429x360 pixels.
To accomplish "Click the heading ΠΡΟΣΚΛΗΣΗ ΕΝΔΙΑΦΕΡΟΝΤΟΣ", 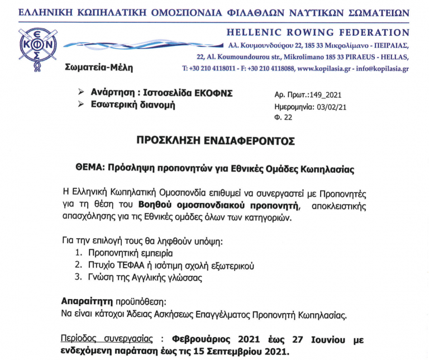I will pyautogui.click(x=215, y=141).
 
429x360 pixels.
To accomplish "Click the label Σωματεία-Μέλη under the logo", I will pyautogui.click(x=99, y=68).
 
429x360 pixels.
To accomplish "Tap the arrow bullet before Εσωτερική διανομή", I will pyautogui.click(x=82, y=104).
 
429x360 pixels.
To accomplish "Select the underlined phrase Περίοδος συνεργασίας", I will pyautogui.click(x=106, y=340).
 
